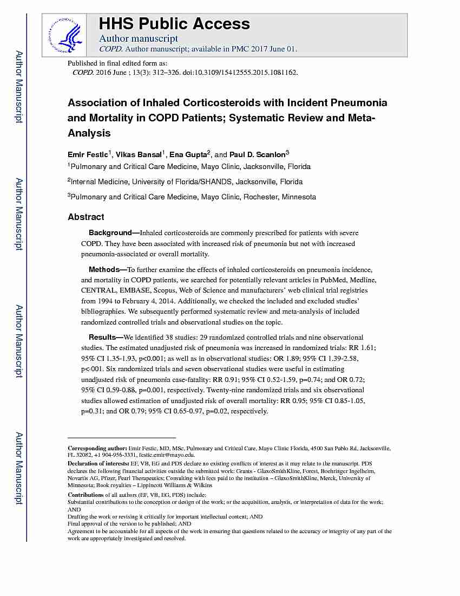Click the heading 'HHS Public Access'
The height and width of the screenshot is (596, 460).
coord(174,24)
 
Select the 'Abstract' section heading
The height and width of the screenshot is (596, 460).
coord(86,217)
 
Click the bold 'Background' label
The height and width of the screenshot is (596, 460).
coord(110,233)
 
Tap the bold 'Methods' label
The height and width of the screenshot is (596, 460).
coord(104,269)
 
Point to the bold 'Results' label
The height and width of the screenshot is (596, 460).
coord(102,338)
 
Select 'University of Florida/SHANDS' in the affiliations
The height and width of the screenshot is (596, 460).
coord(184,182)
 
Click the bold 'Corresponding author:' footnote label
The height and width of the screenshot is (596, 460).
coord(97,449)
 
